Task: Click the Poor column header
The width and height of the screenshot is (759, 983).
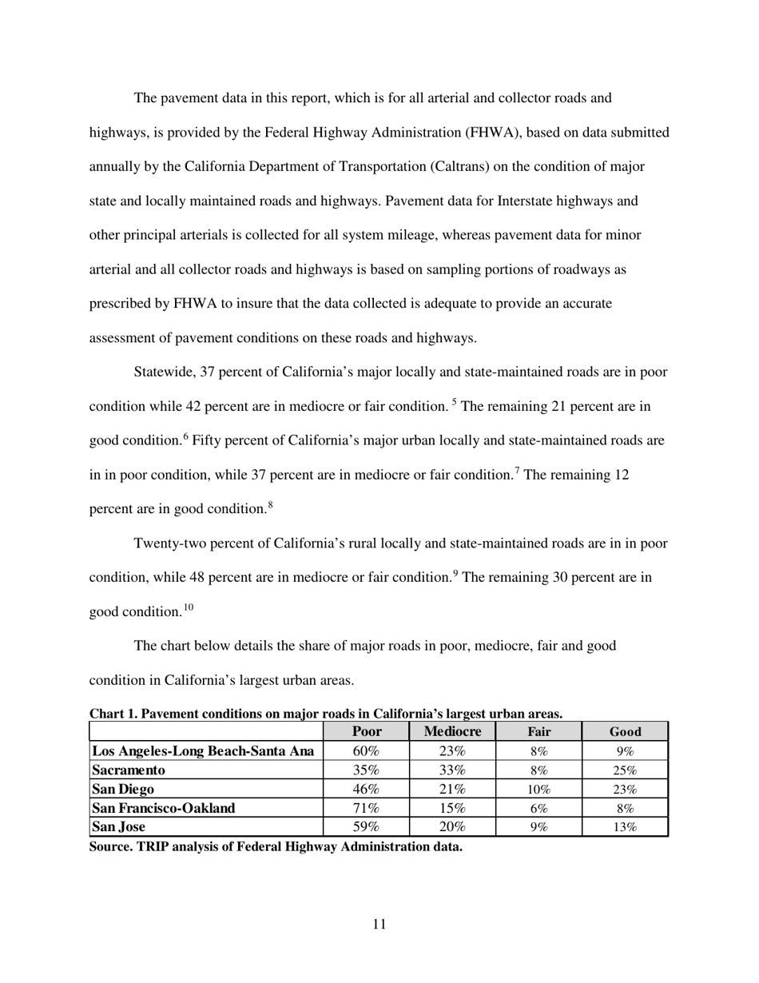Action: [x=367, y=731]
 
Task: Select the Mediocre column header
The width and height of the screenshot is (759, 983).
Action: [x=452, y=731]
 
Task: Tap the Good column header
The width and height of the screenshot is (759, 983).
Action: [x=625, y=731]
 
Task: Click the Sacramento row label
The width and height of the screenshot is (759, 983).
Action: [x=129, y=770]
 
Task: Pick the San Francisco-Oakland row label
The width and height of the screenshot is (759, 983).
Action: [x=164, y=808]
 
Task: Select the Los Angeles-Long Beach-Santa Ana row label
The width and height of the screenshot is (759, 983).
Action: [x=202, y=751]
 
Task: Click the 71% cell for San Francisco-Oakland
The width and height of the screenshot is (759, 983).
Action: [x=366, y=808]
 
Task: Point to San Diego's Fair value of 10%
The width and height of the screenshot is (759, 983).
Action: [x=538, y=790]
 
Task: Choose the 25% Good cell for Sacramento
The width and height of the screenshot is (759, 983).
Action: [x=625, y=770]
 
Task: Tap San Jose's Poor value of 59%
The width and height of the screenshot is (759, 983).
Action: [x=366, y=827]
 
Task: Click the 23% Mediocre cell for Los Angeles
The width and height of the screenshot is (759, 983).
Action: [x=452, y=751]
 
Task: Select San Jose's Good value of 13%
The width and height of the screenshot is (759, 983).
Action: [x=625, y=827]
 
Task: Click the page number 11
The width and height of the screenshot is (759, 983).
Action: [x=379, y=925]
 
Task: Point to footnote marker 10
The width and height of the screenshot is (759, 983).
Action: [x=188, y=607]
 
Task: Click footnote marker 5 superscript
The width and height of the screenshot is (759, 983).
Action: [x=455, y=402]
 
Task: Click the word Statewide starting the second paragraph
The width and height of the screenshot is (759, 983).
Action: [x=164, y=372]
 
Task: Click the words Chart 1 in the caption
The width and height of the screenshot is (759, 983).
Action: [x=113, y=713]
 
